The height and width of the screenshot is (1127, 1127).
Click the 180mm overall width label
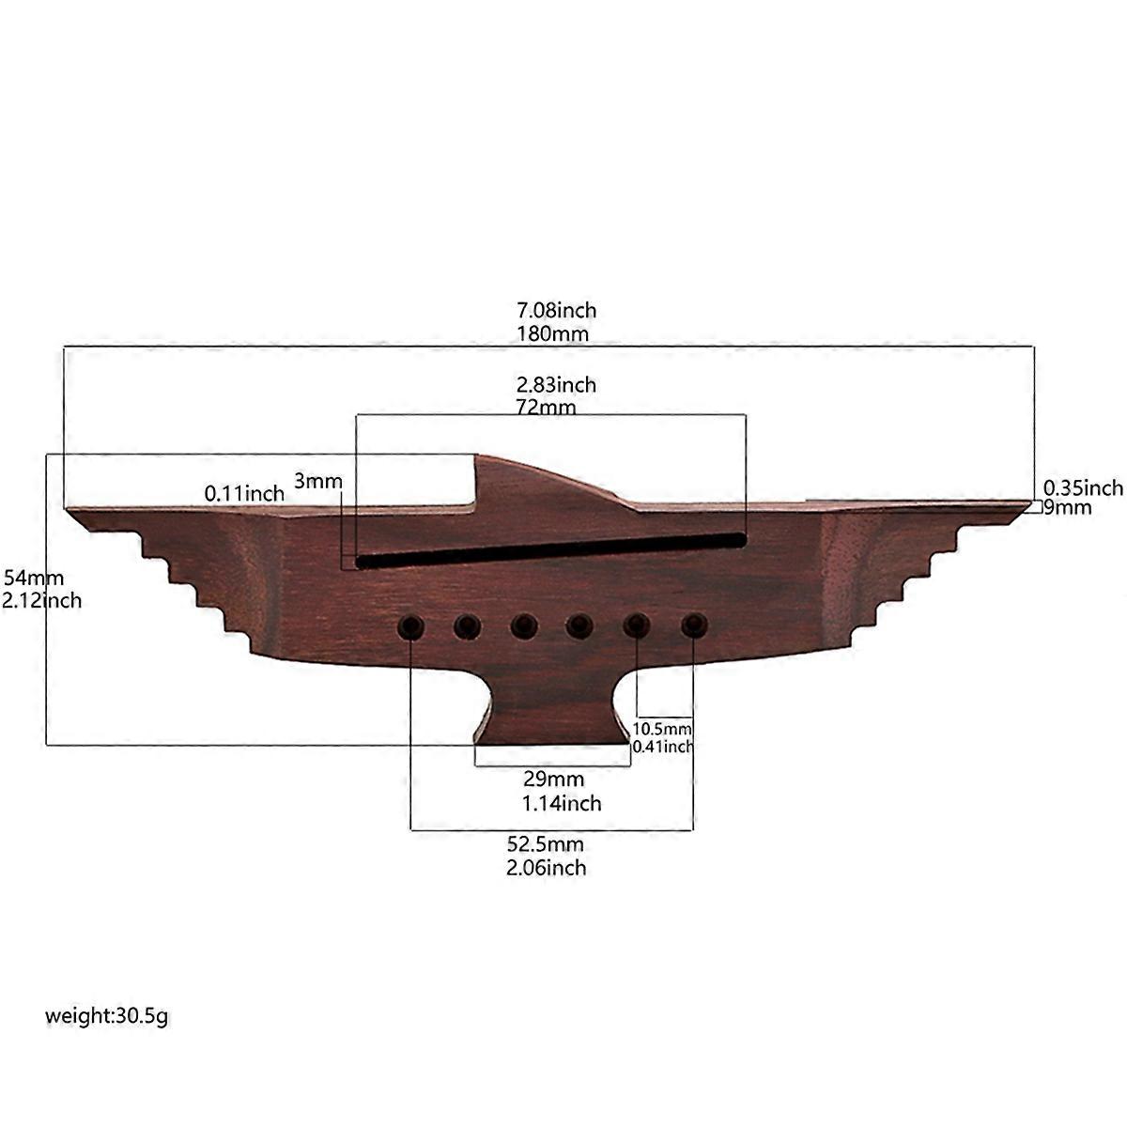(552, 334)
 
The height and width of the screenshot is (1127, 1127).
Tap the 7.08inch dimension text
(556, 310)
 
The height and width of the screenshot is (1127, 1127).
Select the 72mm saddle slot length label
(546, 407)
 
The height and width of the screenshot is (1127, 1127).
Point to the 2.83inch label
(556, 385)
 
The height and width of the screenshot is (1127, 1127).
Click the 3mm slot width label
(317, 482)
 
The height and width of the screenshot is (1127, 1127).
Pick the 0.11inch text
(244, 494)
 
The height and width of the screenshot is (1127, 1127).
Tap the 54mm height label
(33, 578)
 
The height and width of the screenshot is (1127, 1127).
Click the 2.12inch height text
(41, 601)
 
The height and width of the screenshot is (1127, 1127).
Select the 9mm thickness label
(1067, 507)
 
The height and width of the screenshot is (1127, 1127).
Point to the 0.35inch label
(1083, 487)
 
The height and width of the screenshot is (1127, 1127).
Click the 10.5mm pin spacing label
(661, 729)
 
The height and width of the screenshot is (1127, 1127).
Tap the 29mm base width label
(553, 779)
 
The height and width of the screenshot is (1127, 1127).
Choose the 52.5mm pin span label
(545, 844)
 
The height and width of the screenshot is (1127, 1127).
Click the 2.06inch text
(547, 868)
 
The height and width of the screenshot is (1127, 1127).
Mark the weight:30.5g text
(106, 1016)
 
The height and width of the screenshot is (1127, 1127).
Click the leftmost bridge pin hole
(410, 627)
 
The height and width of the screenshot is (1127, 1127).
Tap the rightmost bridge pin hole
(694, 625)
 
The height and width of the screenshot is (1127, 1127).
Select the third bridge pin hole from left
(524, 626)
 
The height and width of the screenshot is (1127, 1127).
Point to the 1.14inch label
(562, 804)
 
